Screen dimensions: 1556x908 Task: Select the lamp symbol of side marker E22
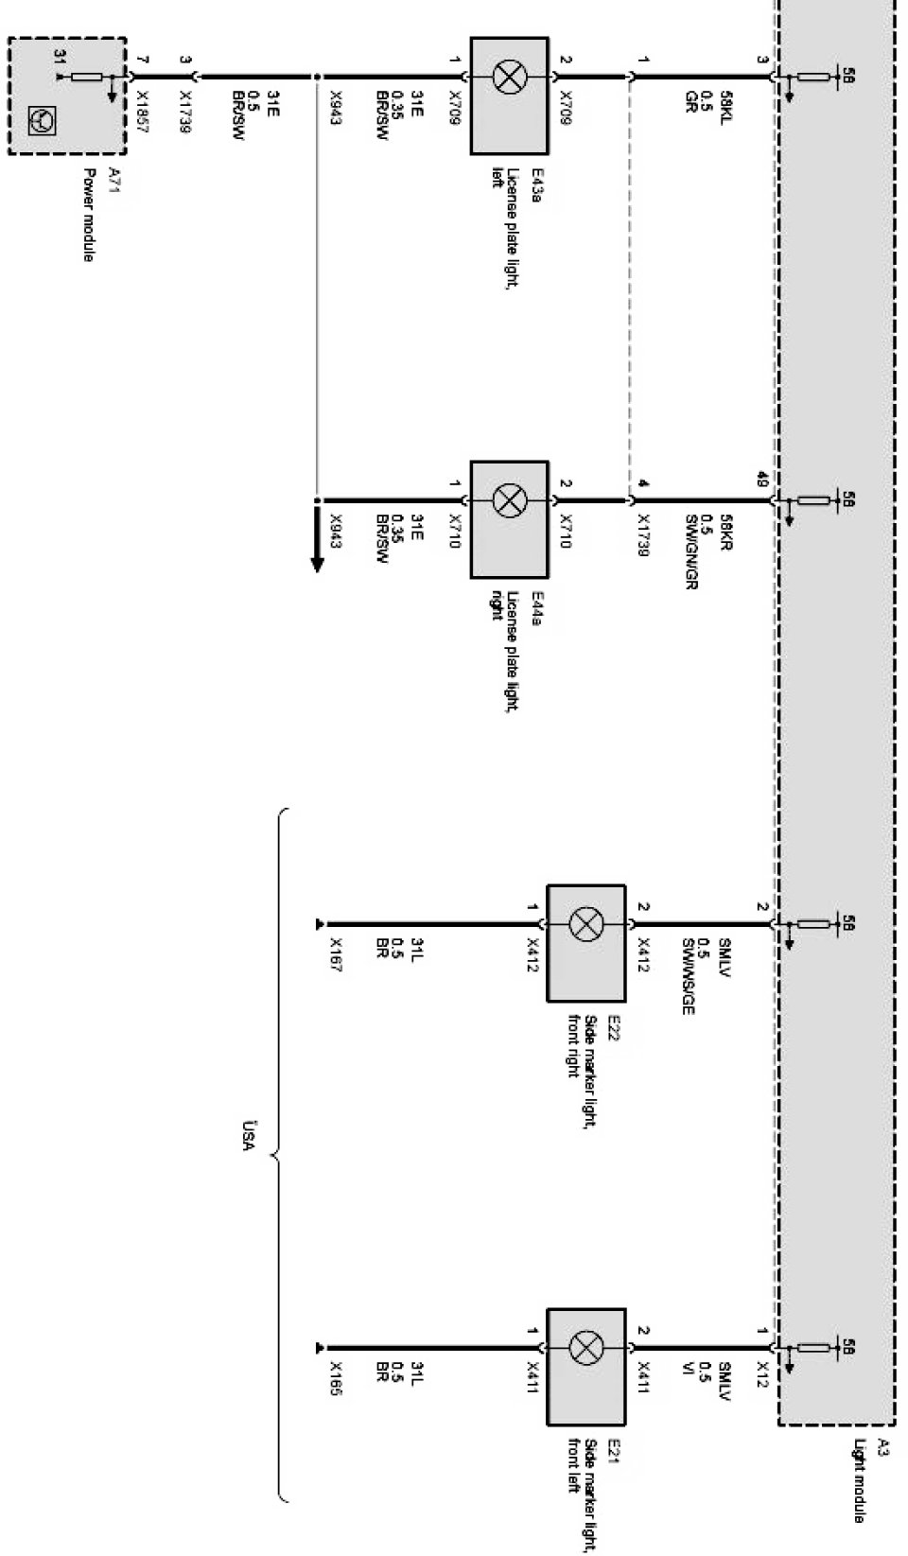[x=586, y=924]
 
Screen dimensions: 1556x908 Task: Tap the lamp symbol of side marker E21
[x=586, y=1347]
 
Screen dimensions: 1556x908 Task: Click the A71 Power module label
[x=100, y=214]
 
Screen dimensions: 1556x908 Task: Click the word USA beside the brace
[x=249, y=1135]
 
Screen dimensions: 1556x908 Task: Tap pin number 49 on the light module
[x=762, y=478]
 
